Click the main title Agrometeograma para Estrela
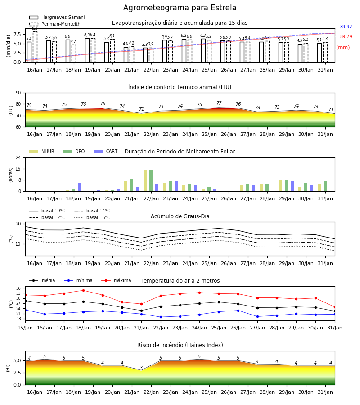point(180,8)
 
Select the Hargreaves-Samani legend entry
point(57,17)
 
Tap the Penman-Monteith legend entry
point(55,24)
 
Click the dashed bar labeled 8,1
point(35,47)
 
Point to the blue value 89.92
point(346,27)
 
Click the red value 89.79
point(346,37)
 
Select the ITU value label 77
point(219,103)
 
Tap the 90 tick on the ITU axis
point(18,93)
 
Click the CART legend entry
point(105,151)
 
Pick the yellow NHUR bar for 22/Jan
point(145,181)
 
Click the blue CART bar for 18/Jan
point(79,187)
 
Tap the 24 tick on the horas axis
point(18,157)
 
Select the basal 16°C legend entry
point(92,217)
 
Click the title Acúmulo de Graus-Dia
point(180,216)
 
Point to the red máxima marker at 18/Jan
point(83,290)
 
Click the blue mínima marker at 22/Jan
point(161,317)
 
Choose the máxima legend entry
point(116,280)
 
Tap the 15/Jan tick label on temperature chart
point(25,328)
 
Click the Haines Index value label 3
point(141,368)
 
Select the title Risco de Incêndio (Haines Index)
point(180,345)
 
